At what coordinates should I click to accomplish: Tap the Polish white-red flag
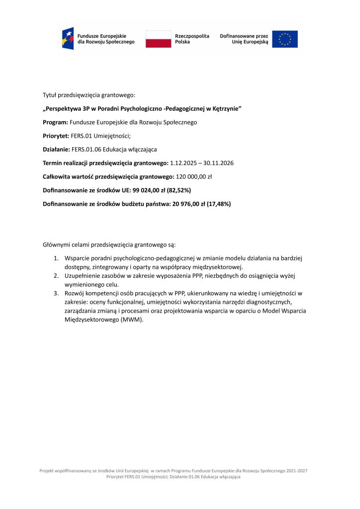pyautogui.click(x=158, y=39)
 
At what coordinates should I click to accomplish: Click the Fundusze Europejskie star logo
pyautogui.click(x=68, y=39)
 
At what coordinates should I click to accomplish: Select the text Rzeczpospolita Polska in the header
pyautogui.click(x=192, y=39)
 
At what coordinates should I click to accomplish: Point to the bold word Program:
pyautogui.click(x=55, y=122)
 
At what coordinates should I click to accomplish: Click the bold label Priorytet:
pyautogui.click(x=56, y=136)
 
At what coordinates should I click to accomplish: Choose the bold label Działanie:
pyautogui.click(x=56, y=149)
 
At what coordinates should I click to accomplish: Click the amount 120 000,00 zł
pyautogui.click(x=194, y=176)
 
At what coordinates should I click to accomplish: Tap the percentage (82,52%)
pyautogui.click(x=175, y=190)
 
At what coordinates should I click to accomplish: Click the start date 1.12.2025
pyautogui.click(x=184, y=163)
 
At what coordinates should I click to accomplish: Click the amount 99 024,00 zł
pyautogui.click(x=145, y=190)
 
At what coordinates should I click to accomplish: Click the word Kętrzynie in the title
pyautogui.click(x=224, y=108)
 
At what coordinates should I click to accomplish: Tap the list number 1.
pyautogui.click(x=56, y=258)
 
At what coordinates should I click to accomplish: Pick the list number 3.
pyautogui.click(x=56, y=293)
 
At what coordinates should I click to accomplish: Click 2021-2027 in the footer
pyautogui.click(x=296, y=470)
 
